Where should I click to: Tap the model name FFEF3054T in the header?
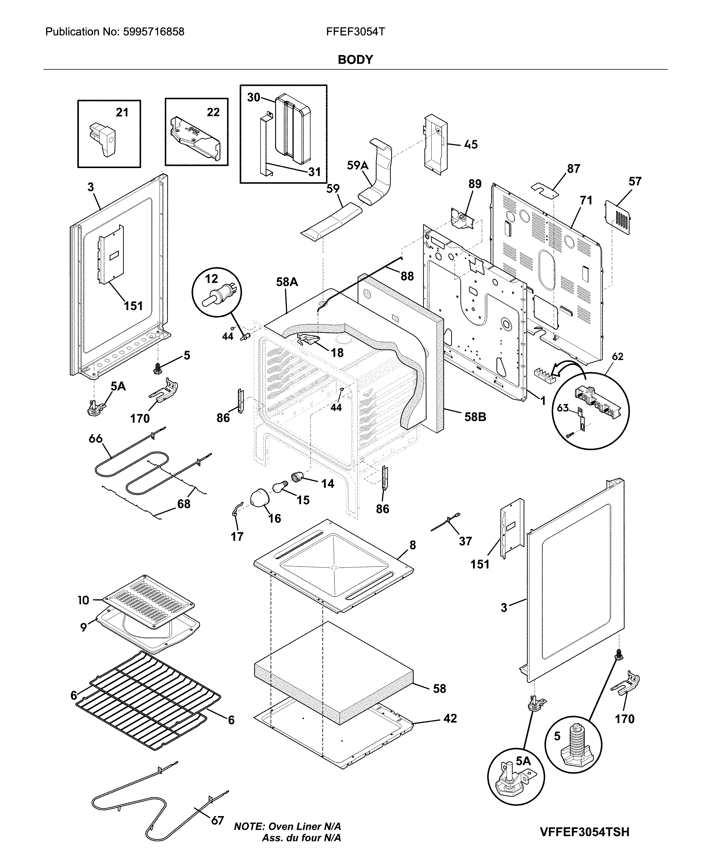[355, 32]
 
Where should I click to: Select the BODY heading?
[355, 60]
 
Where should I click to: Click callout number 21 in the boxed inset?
[122, 113]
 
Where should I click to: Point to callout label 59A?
[357, 165]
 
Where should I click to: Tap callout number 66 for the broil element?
[95, 439]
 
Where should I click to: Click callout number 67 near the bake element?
[217, 820]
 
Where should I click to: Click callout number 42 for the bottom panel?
[450, 718]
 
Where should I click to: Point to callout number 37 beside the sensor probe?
[465, 541]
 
